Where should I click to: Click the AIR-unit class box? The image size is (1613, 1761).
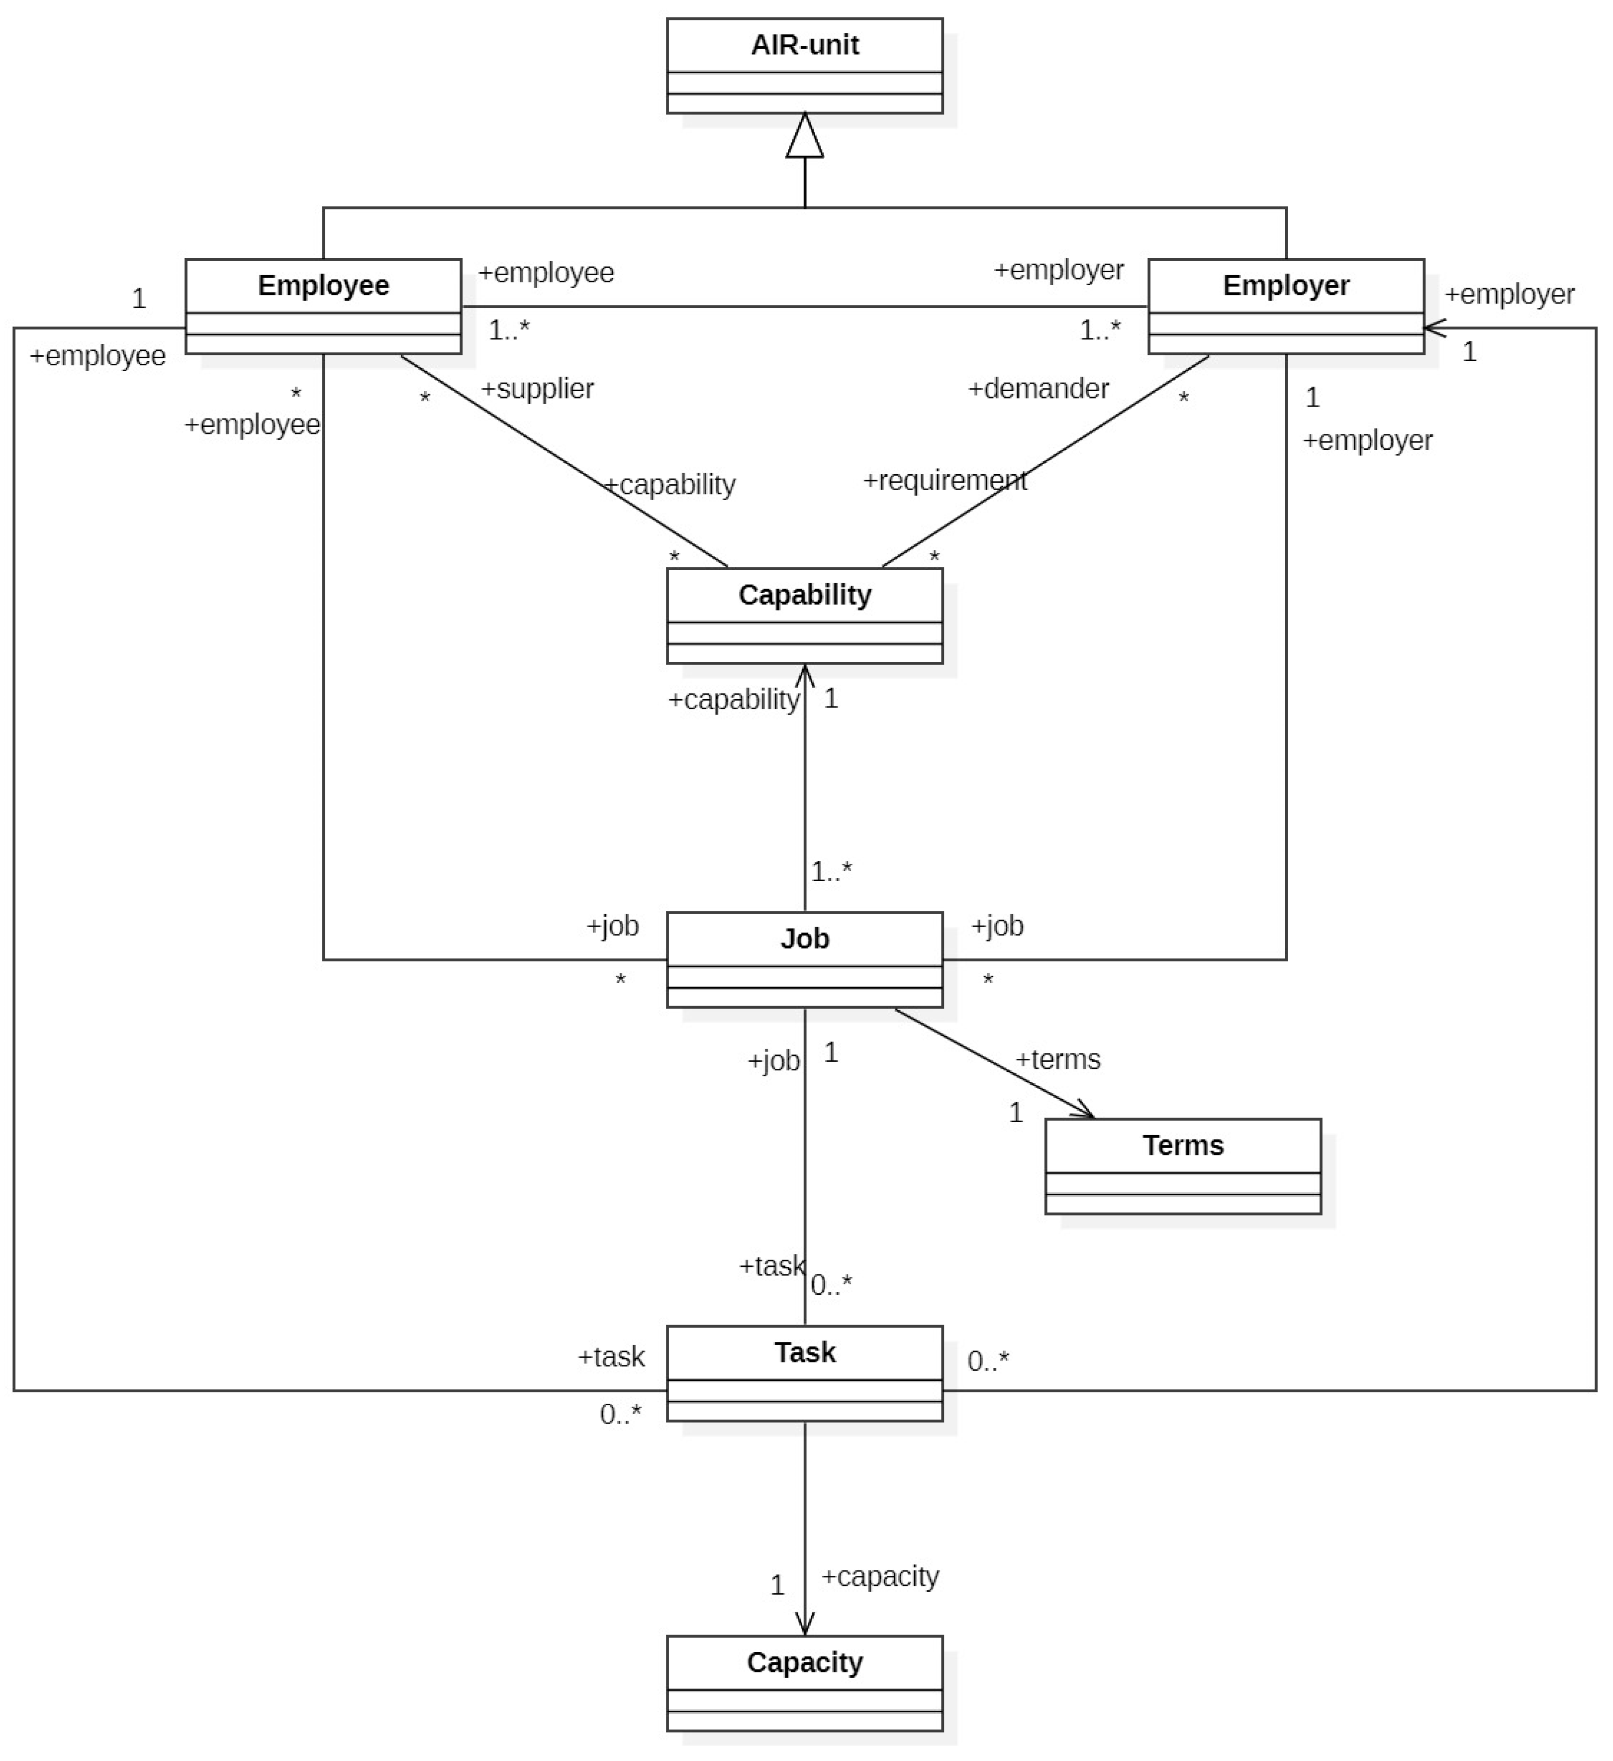(804, 66)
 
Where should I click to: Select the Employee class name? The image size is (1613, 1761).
(323, 286)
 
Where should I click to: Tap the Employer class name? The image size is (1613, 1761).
(1286, 286)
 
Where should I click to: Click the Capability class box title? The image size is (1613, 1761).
(804, 595)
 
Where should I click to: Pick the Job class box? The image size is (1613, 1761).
(804, 959)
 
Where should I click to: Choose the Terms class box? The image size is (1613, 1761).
(1182, 1166)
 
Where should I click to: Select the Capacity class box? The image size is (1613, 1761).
(804, 1682)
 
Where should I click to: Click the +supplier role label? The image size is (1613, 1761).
(537, 389)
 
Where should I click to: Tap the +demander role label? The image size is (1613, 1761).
(1039, 389)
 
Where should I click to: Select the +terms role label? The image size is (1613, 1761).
(1057, 1059)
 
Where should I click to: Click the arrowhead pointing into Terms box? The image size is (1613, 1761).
(1085, 1112)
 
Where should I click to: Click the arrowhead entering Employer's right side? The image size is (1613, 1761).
(1434, 328)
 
